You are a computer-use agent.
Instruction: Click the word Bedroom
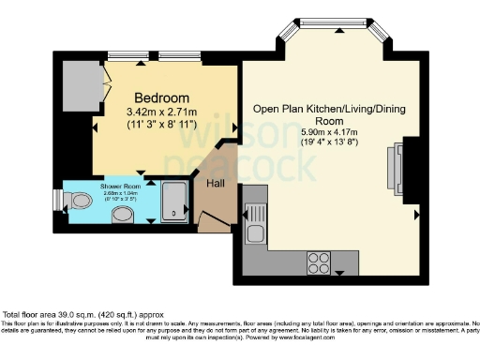161,97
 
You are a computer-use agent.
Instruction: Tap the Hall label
216,184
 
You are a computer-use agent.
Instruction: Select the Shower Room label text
119,187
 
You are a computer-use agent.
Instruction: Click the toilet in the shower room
79,202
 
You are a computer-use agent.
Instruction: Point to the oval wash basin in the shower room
121,215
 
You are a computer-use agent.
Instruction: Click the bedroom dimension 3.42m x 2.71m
161,112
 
